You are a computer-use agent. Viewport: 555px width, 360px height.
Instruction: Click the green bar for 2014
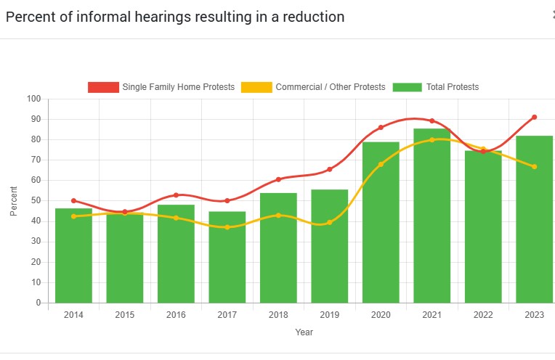(73, 255)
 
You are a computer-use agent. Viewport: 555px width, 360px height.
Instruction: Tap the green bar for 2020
(381, 222)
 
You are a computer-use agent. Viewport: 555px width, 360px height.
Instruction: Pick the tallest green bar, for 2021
(432, 216)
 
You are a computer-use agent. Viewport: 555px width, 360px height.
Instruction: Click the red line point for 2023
(534, 117)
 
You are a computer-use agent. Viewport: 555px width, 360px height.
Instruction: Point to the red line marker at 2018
(278, 179)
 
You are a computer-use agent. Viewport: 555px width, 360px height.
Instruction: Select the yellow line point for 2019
(329, 222)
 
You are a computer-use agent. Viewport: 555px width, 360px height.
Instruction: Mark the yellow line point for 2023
(534, 167)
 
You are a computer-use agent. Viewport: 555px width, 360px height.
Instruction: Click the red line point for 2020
(381, 128)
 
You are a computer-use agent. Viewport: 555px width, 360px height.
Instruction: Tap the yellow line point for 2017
(227, 227)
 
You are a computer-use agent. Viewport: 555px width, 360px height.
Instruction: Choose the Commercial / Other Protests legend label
(330, 87)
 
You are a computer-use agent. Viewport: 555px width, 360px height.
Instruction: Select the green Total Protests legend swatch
(407, 87)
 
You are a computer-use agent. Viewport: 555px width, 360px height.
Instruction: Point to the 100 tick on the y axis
(34, 99)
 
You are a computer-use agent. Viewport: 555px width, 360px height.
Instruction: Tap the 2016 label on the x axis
(176, 315)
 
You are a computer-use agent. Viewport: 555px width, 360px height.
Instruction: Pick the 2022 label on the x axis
(483, 315)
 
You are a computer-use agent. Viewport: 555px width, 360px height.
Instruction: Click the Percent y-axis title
(14, 201)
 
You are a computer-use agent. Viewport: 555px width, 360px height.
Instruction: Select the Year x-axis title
(304, 332)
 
